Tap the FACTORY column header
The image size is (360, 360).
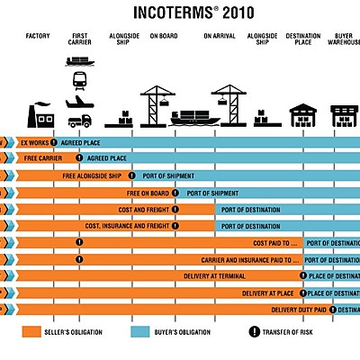37,37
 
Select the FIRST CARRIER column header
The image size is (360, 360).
79,40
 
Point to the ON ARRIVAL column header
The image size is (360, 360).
219,37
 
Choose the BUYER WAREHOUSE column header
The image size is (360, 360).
345,40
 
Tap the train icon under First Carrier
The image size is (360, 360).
79,80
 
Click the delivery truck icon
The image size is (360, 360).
79,119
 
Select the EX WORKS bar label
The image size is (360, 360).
33,142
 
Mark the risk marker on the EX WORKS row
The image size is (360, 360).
55,142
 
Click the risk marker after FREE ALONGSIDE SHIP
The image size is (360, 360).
131,175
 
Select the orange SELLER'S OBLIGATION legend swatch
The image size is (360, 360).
35,332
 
